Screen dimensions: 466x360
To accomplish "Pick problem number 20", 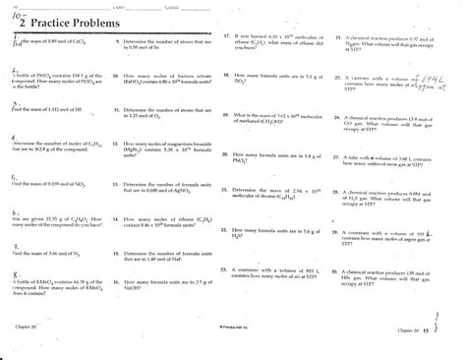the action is [x=227, y=155].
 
